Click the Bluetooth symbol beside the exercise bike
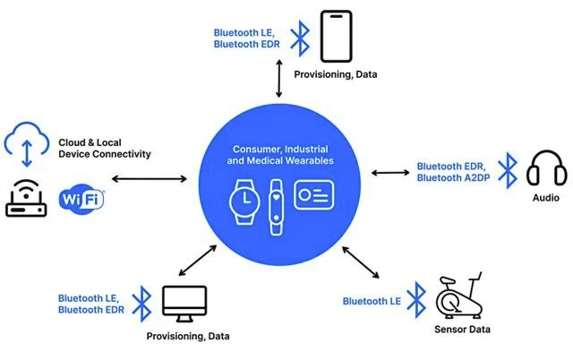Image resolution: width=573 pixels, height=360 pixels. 417,298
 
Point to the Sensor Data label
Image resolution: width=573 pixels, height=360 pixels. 462,329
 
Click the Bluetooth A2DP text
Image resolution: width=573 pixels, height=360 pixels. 453,177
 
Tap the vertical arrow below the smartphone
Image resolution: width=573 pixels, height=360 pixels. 279,82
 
